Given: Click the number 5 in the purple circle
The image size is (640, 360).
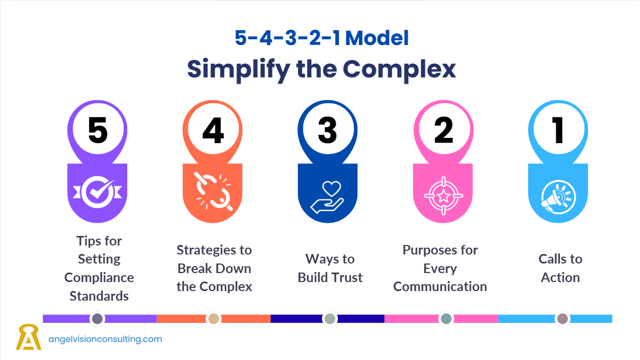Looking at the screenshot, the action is tap(98, 130).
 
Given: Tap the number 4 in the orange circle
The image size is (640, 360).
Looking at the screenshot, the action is tap(213, 130).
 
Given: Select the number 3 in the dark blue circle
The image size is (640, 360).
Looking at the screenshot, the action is tap(328, 130).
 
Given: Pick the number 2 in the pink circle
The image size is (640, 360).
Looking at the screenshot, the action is tap(443, 130).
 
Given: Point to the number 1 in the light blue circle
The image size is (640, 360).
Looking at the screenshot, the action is tap(557, 130).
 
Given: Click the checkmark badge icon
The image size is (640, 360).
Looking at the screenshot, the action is tap(98, 192).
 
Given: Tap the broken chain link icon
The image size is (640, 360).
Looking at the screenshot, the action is tap(214, 192).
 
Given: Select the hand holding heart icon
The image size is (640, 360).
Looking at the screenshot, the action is tap(327, 197).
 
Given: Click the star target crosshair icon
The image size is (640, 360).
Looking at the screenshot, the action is tap(443, 196).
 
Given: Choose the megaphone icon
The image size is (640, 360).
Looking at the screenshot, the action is tap(558, 197).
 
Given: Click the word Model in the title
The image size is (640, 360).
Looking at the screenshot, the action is tap(377, 38).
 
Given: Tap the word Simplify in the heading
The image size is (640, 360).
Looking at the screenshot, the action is tap(239, 69).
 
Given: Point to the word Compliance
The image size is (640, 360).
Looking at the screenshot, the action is tap(99, 277).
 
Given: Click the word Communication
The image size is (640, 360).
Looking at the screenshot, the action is tap(440, 287).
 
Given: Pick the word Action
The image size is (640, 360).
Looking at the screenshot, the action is tap(560, 277).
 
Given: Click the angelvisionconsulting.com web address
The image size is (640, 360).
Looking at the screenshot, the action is tap(105, 339).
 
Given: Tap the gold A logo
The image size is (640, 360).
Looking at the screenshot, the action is tap(29, 337).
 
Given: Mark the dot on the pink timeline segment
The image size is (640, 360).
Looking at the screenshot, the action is tap(446, 319).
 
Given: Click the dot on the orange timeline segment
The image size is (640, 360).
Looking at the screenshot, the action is tap(214, 319).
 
